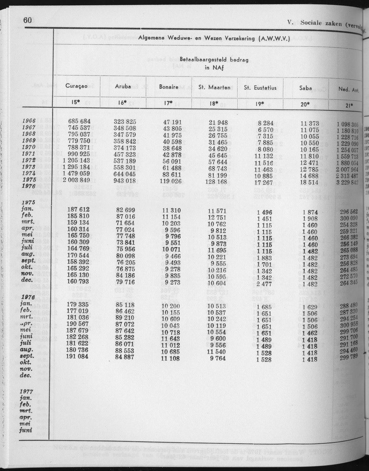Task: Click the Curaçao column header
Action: pos(77,87)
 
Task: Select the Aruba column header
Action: pos(123,87)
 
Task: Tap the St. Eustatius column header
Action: pos(260,88)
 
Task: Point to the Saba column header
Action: pos(306,88)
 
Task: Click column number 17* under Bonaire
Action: pos(168,103)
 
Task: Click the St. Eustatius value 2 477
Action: pos(264,284)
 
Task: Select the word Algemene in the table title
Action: pos(153,37)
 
